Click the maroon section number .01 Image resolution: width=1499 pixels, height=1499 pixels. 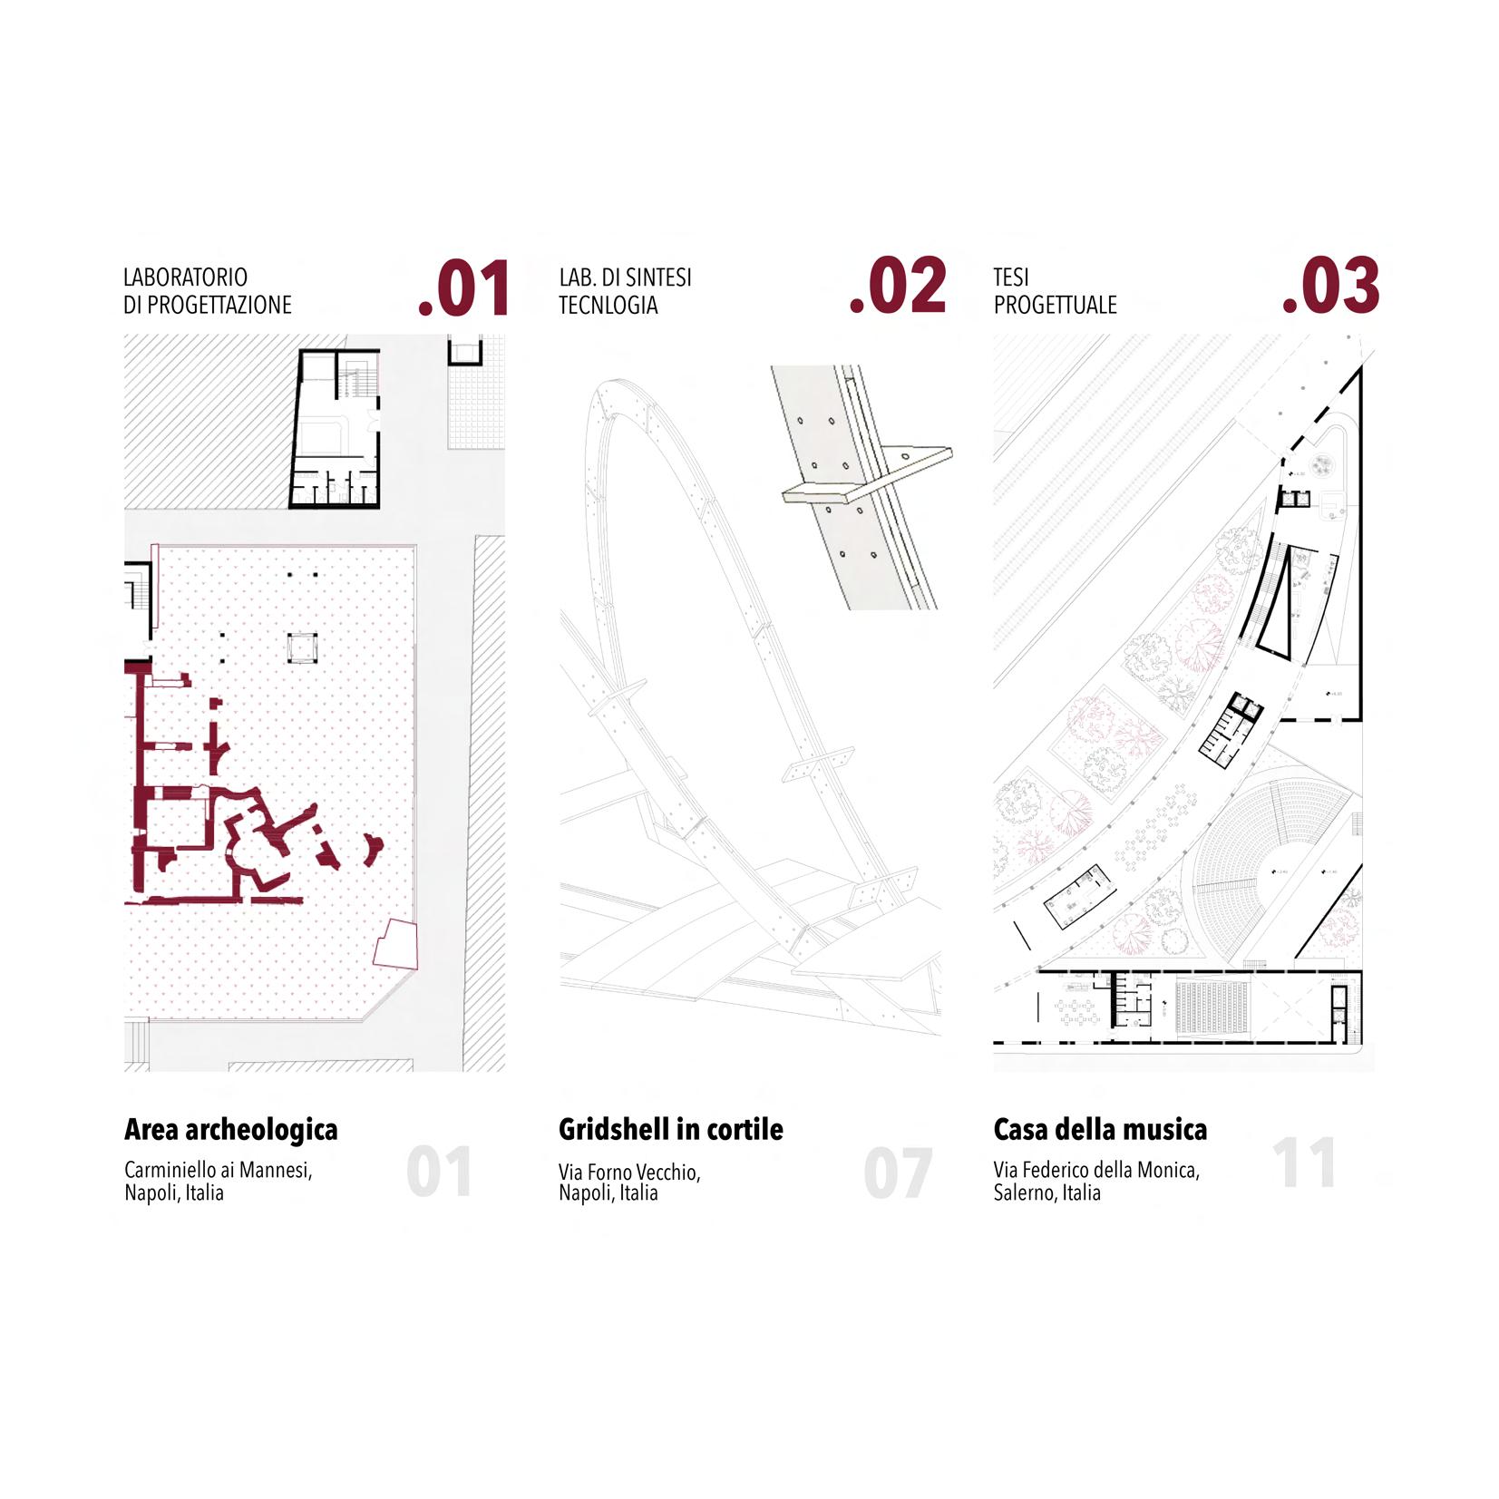pos(463,289)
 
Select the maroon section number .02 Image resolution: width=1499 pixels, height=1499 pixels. pos(898,287)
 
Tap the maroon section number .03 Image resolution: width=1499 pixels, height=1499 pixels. pos(1330,287)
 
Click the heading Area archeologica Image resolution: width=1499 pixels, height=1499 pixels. pos(230,1129)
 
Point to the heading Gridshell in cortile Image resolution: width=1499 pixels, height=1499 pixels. pos(670,1129)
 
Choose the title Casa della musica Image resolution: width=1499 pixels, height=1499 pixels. pos(1100,1129)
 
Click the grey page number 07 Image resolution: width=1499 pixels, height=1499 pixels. pos(897,1173)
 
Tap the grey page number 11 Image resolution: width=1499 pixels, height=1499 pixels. pos(1303,1163)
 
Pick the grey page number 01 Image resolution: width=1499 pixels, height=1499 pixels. pos(439,1172)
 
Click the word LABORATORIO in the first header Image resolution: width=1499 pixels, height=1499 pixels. pos(185,277)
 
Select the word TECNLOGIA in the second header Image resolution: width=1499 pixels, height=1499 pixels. pos(608,305)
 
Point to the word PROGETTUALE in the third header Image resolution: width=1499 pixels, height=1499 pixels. pos(1055,305)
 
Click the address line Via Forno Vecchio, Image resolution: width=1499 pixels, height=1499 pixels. pos(629,1172)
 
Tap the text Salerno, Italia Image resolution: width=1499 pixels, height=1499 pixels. pos(1046,1192)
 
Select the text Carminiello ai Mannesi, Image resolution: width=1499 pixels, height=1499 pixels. pos(218,1170)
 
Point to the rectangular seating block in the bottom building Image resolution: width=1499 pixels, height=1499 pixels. pos(1212,1004)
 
